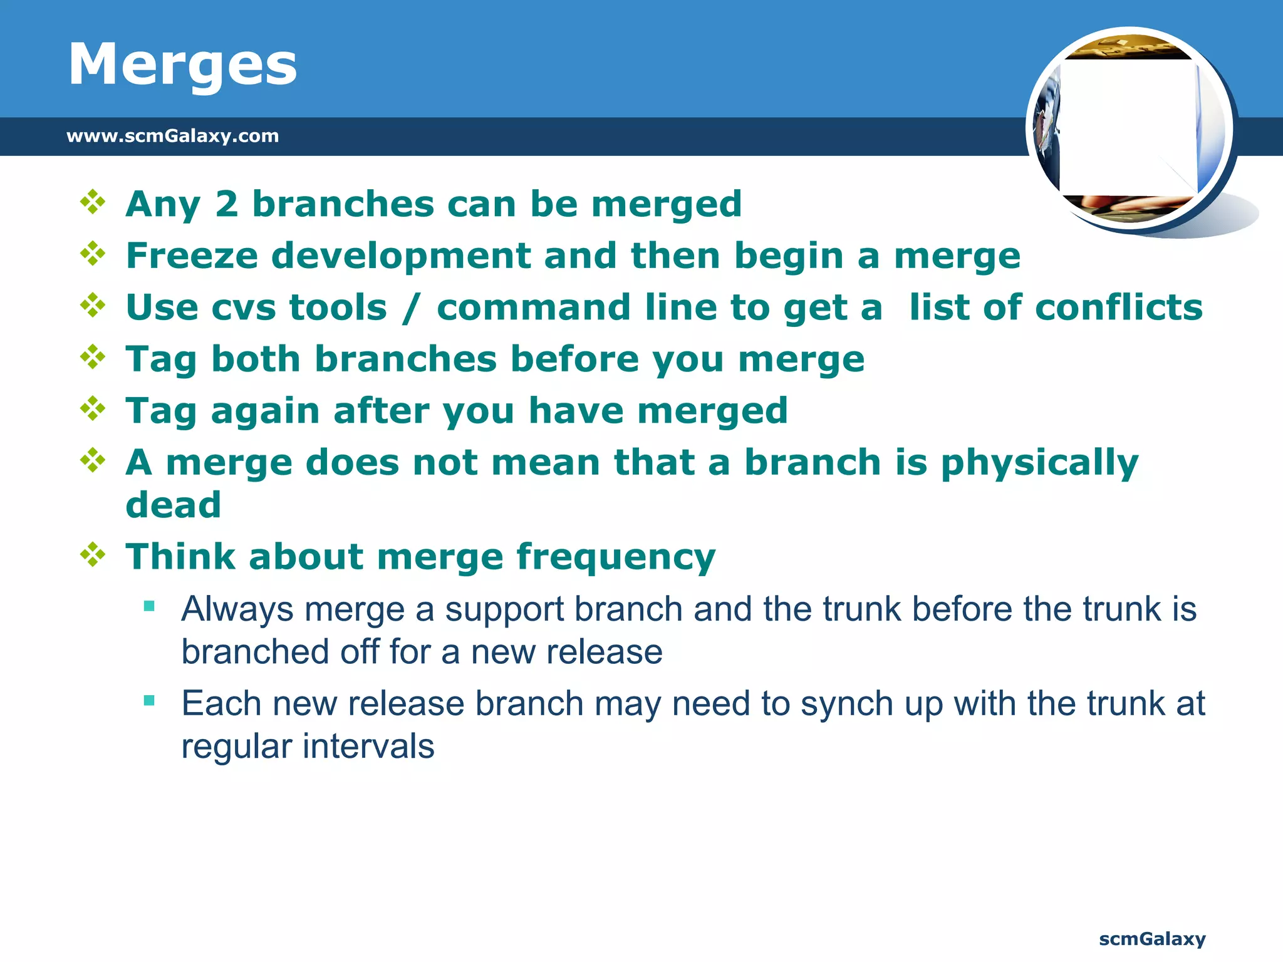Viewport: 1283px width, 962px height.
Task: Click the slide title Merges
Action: [182, 65]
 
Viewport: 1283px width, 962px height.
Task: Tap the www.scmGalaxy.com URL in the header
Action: [172, 136]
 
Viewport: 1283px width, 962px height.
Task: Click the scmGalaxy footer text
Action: [1152, 939]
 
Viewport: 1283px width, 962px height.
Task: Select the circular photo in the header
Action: [1130, 130]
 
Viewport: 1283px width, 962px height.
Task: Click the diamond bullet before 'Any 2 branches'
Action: [93, 202]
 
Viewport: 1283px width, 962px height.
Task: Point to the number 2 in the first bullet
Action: [227, 204]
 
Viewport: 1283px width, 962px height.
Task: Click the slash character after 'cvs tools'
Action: [411, 308]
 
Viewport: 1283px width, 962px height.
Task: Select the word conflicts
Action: [1119, 308]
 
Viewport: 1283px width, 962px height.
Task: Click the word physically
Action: [1040, 463]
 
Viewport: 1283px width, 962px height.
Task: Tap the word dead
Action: [174, 505]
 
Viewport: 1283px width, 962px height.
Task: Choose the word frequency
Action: [616, 557]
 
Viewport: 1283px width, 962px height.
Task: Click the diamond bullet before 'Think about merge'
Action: [93, 555]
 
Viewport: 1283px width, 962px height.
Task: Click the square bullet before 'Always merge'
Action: [149, 606]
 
